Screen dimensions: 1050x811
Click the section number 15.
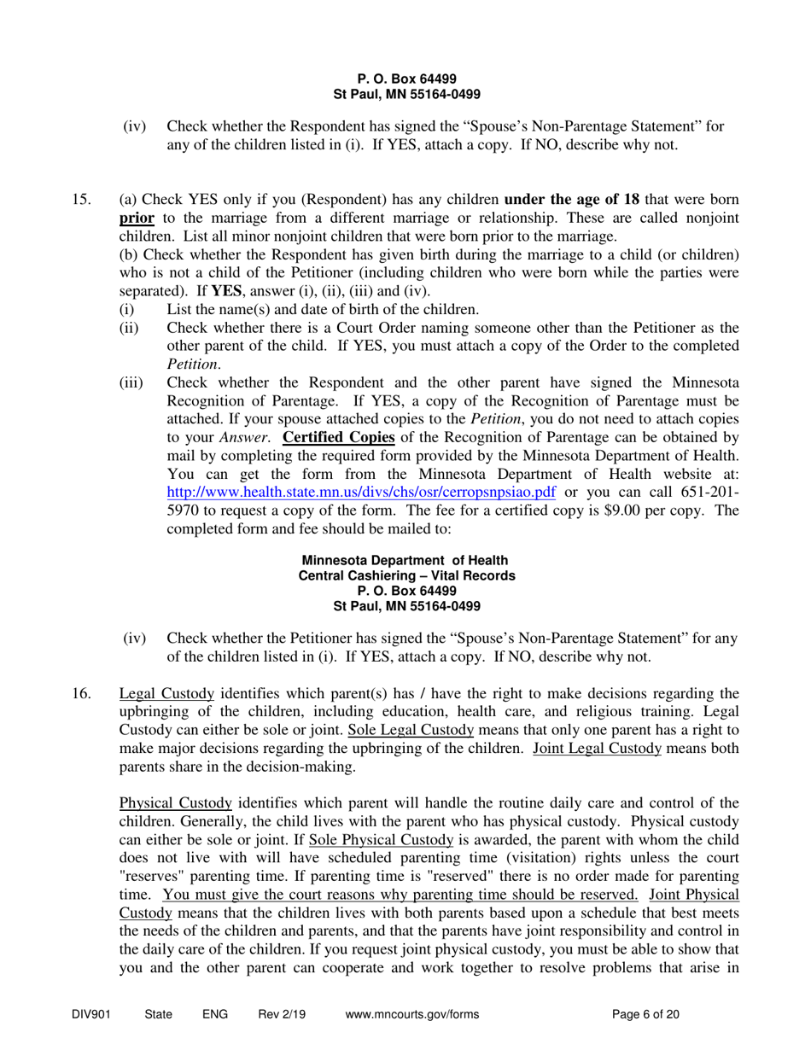[81, 200]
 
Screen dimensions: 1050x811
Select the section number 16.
[81, 693]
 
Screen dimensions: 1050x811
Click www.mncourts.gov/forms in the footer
[412, 1015]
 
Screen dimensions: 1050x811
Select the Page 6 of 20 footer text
[646, 1015]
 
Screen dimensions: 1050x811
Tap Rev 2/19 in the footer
[282, 1015]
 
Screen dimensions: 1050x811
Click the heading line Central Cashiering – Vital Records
[406, 576]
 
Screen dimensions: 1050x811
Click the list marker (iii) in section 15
[131, 382]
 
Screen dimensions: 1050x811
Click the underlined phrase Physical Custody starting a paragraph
[176, 803]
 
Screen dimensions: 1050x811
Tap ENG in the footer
[215, 1015]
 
